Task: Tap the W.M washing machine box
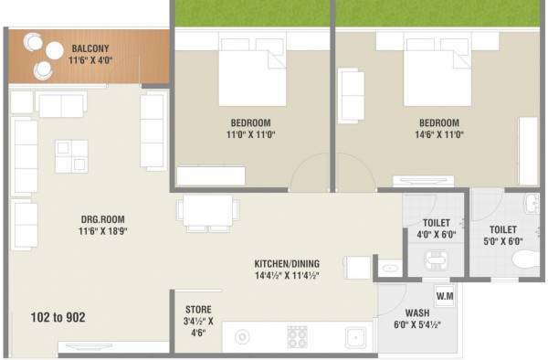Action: coord(446,296)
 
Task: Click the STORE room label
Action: coord(199,309)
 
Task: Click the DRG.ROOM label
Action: coord(101,219)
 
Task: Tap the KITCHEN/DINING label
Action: coord(287,263)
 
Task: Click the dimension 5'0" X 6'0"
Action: coord(502,242)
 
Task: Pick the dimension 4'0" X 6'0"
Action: coord(436,236)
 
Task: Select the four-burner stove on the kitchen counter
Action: coord(298,337)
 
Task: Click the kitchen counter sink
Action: coord(355,337)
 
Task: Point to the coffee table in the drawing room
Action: coord(70,156)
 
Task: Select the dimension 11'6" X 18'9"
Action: coord(101,231)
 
